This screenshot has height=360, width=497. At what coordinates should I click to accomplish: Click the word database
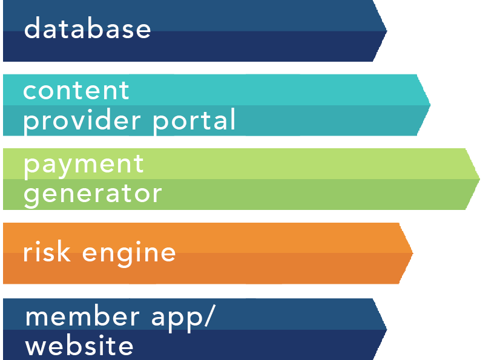[x=87, y=28]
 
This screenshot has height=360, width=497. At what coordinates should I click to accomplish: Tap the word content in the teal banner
[x=76, y=91]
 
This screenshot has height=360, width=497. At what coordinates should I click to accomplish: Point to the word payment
[x=84, y=165]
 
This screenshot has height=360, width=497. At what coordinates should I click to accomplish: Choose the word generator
[x=93, y=194]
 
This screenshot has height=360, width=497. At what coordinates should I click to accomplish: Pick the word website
[x=79, y=346]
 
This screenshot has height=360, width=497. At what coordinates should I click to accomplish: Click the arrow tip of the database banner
[x=386, y=30]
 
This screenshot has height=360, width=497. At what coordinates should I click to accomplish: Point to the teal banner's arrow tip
[x=430, y=105]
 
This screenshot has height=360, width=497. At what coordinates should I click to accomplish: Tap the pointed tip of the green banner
[x=479, y=178]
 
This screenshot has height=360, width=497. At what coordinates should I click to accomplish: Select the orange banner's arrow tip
[x=412, y=253]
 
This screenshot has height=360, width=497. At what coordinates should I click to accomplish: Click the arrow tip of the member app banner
[x=386, y=329]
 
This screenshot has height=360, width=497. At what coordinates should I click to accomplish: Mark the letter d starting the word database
[x=32, y=28]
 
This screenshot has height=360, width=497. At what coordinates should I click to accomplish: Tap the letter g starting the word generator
[x=32, y=195]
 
